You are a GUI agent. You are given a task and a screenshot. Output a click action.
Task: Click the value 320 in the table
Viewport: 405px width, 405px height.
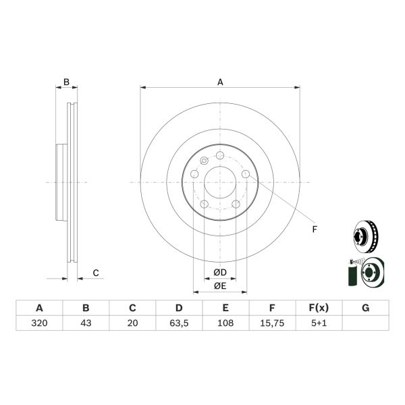tap(39, 323)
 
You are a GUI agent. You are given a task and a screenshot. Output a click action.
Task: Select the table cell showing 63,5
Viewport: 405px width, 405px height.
tap(178, 323)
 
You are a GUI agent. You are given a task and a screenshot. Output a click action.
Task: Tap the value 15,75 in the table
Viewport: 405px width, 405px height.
tap(271, 323)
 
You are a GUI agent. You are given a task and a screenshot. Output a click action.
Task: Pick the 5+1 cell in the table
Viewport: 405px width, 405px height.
tap(318, 323)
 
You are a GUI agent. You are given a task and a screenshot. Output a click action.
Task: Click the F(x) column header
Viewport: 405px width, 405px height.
tap(318, 308)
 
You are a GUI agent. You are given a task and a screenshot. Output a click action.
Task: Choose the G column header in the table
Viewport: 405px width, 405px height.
tap(365, 308)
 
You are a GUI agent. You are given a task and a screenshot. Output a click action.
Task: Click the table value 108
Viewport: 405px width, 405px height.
tap(225, 323)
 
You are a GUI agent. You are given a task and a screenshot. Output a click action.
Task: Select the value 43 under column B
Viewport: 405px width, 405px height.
tap(86, 323)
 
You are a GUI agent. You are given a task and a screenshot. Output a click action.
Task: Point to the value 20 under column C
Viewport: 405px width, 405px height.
tap(132, 323)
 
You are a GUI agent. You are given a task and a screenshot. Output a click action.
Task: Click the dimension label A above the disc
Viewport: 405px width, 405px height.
tap(220, 82)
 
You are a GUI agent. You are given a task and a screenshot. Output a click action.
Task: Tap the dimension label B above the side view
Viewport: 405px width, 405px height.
tap(66, 82)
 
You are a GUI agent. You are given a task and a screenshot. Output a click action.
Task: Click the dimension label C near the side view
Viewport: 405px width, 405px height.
tap(96, 273)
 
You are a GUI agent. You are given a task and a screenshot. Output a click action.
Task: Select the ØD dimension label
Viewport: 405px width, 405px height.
tap(219, 272)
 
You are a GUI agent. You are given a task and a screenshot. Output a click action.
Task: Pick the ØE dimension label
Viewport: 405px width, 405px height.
tap(219, 286)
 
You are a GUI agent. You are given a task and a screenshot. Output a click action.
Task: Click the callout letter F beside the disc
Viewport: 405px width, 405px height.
tap(314, 230)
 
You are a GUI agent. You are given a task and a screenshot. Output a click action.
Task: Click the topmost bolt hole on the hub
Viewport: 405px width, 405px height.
tap(219, 156)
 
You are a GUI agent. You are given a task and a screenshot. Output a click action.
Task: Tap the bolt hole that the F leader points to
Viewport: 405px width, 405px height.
tap(245, 174)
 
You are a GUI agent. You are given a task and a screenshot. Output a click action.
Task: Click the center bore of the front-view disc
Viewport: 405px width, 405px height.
tap(219, 182)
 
